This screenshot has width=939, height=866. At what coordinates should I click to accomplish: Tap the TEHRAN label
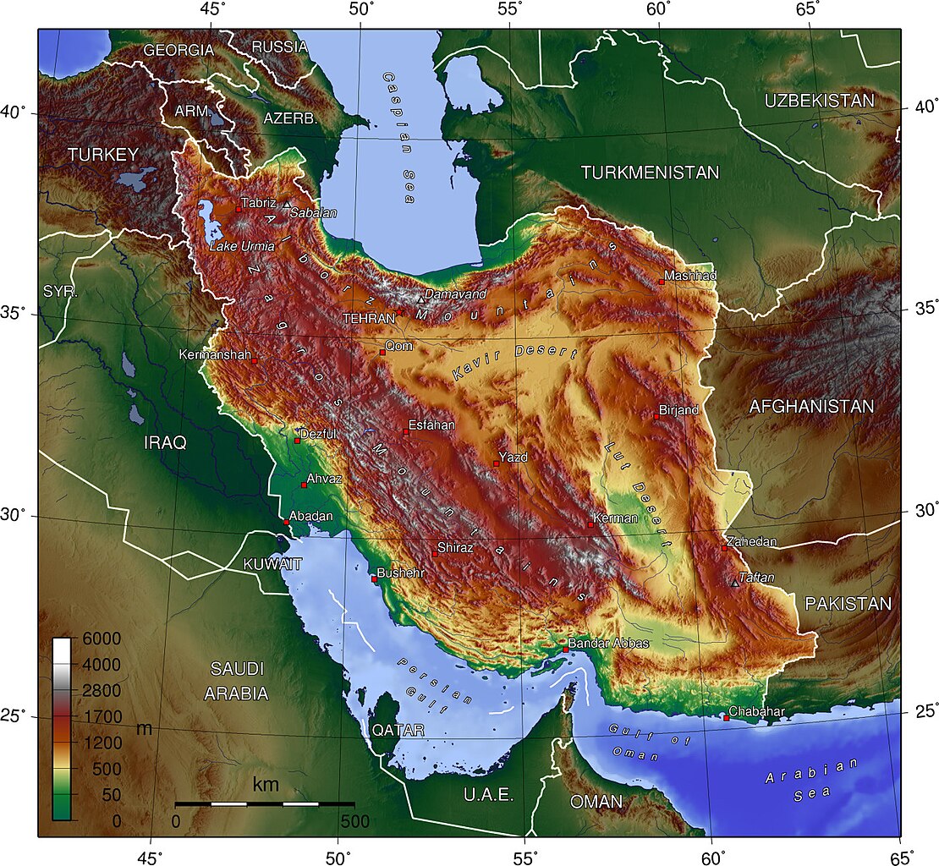click(368, 319)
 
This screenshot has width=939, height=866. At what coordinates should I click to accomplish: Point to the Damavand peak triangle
click(420, 299)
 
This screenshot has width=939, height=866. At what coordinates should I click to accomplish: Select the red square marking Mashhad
click(662, 282)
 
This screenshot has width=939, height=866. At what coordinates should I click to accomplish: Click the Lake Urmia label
click(242, 246)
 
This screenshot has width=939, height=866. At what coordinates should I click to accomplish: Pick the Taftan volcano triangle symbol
click(733, 583)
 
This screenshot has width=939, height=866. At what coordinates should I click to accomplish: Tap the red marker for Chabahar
click(726, 718)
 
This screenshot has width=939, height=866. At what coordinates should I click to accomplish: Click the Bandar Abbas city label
click(608, 644)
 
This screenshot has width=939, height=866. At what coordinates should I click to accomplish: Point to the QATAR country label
click(398, 729)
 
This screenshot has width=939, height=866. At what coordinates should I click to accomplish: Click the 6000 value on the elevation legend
click(101, 639)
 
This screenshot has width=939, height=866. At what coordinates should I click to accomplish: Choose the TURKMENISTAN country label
click(650, 173)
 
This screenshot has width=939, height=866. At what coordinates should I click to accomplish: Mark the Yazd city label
click(513, 458)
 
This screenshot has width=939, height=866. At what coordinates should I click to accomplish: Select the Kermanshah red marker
click(254, 359)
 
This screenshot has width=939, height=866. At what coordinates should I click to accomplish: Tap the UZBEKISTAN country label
click(819, 101)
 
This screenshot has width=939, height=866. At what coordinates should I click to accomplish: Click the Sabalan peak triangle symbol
click(287, 205)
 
